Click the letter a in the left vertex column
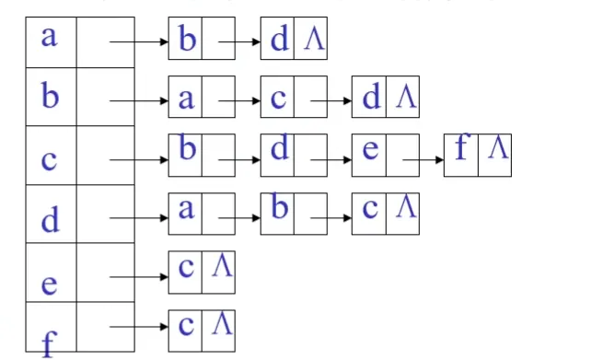pyautogui.click(x=50, y=38)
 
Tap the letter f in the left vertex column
pyautogui.click(x=49, y=343)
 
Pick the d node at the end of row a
pyautogui.click(x=279, y=41)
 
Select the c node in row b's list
pyautogui.click(x=279, y=98)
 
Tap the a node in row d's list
pyautogui.click(x=186, y=210)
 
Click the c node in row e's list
pyautogui.click(x=186, y=268)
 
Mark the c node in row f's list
pyautogui.click(x=186, y=325)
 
